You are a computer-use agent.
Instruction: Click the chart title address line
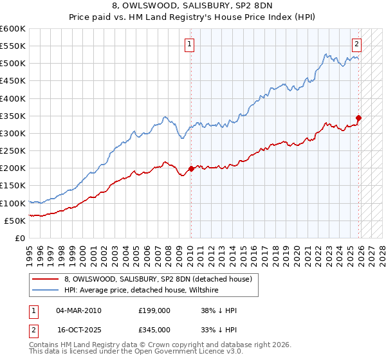[x=192, y=6]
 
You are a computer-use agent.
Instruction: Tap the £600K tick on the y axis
[x=12, y=29]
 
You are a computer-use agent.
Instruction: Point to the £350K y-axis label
[x=12, y=116]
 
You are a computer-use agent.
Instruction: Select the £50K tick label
[x=15, y=221]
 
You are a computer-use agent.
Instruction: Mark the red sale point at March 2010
[x=191, y=169]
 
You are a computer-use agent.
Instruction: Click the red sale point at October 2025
[x=358, y=118]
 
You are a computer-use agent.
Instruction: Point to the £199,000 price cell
[x=154, y=310]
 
